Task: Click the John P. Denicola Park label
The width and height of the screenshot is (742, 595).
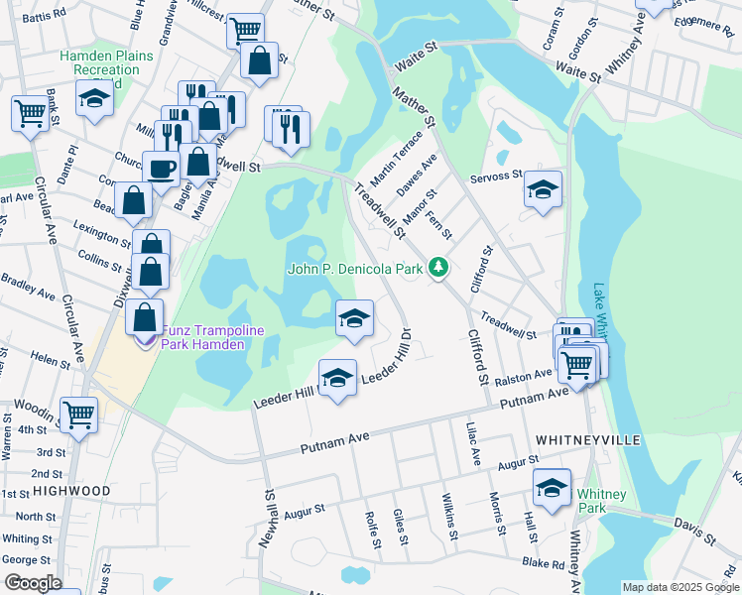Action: (354, 269)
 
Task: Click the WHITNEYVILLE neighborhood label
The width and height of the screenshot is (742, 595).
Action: (588, 438)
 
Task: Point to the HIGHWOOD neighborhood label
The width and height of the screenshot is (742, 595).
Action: (70, 491)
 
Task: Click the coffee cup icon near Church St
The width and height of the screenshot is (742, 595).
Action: (161, 168)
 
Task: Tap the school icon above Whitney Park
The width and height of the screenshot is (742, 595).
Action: (552, 486)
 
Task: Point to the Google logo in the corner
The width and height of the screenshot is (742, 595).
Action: (33, 582)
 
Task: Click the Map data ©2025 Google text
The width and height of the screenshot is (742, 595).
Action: (680, 587)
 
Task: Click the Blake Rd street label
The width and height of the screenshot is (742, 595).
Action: (545, 563)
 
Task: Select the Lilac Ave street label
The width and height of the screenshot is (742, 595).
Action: (474, 445)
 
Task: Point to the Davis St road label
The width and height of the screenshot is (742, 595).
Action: (694, 530)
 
